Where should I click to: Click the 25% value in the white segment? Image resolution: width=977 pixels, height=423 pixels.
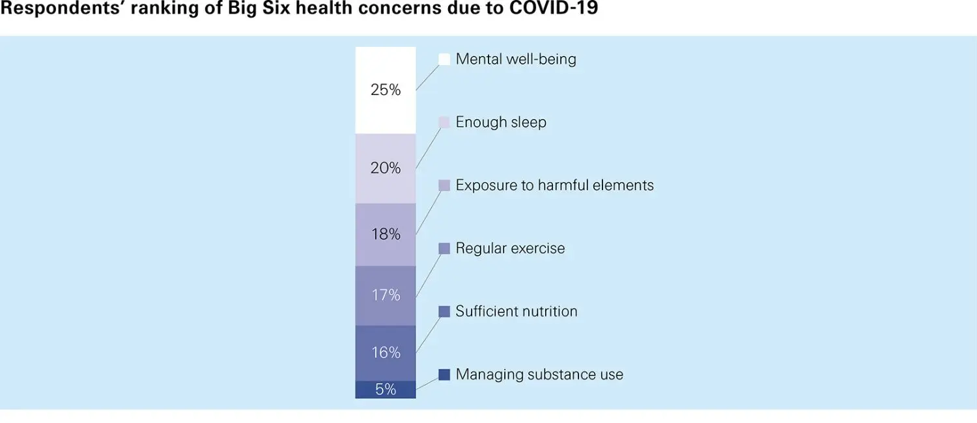coord(386,90)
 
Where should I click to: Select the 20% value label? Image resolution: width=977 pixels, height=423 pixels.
coord(386,168)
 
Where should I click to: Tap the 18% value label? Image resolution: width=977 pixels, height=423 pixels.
coord(386,234)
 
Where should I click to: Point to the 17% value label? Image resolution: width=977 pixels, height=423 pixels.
coord(386,295)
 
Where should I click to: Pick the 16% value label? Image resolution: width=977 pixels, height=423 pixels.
coord(386,353)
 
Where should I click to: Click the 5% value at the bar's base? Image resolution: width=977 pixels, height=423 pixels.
coord(386,389)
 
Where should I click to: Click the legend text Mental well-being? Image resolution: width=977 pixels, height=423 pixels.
coord(516,59)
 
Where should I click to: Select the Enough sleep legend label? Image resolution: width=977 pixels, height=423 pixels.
coord(501,122)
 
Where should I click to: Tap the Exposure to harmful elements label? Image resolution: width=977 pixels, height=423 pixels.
coord(554,185)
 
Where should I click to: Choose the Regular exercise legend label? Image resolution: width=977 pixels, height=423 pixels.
coord(510,249)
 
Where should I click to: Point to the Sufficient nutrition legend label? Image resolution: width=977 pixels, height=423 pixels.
coord(517,312)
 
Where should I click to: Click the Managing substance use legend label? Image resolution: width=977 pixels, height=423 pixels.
coord(539,375)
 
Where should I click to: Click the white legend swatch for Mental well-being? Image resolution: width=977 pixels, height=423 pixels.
coord(444,59)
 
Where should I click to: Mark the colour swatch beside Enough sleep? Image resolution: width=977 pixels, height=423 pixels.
coord(444,122)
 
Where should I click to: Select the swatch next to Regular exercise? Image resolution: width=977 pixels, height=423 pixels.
coord(444,249)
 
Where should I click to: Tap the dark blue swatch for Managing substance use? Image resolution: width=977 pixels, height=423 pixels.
coord(444,375)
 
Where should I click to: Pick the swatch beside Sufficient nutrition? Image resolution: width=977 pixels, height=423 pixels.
coord(444,312)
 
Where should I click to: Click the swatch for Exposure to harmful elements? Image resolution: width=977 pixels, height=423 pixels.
coord(444,185)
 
